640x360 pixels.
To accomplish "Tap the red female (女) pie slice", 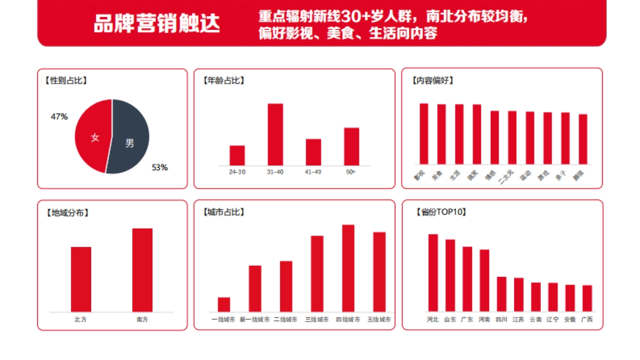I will click(x=92, y=136).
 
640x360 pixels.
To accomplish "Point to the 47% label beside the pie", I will click(x=59, y=116).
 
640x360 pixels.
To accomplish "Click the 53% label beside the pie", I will click(x=159, y=167).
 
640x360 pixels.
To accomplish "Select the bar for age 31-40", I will click(x=275, y=134).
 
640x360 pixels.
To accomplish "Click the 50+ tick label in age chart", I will click(x=351, y=172).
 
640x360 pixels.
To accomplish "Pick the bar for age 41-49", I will click(x=313, y=152).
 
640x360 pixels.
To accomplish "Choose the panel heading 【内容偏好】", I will click(x=433, y=81).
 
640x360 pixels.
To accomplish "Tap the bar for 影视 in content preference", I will click(x=423, y=134).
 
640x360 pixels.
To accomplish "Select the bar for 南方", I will click(x=142, y=270).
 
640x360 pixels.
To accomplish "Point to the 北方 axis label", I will click(x=81, y=319).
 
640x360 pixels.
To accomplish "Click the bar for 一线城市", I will click(x=223, y=305).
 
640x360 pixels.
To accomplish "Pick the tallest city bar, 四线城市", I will click(x=348, y=268).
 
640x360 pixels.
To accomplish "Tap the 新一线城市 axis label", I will click(x=254, y=320).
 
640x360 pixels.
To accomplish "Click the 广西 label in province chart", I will click(x=587, y=320).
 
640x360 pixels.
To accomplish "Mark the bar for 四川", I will click(x=501, y=294).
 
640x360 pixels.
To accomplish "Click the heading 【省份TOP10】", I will click(x=441, y=212).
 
